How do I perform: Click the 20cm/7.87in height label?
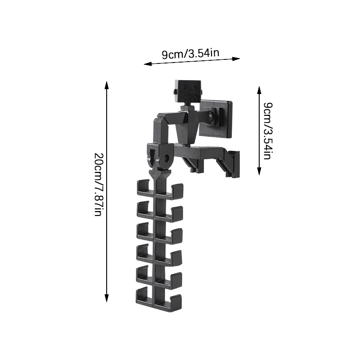(99, 184)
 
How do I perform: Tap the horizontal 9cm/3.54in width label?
(190, 54)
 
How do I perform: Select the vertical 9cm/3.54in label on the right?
(267, 131)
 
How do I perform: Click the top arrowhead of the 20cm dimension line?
(106, 85)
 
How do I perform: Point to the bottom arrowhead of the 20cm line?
(106, 298)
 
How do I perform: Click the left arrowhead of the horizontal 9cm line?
(148, 64)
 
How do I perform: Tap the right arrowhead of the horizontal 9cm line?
(236, 59)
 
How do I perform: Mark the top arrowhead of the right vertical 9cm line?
(259, 91)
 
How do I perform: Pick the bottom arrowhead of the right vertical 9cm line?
(259, 171)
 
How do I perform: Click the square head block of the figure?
(188, 91)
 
